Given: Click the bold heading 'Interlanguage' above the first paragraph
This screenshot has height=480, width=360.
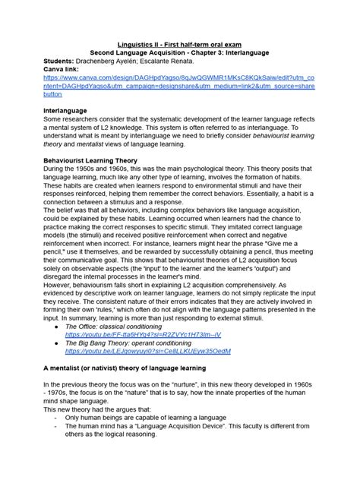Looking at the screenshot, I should [x=70, y=111].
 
